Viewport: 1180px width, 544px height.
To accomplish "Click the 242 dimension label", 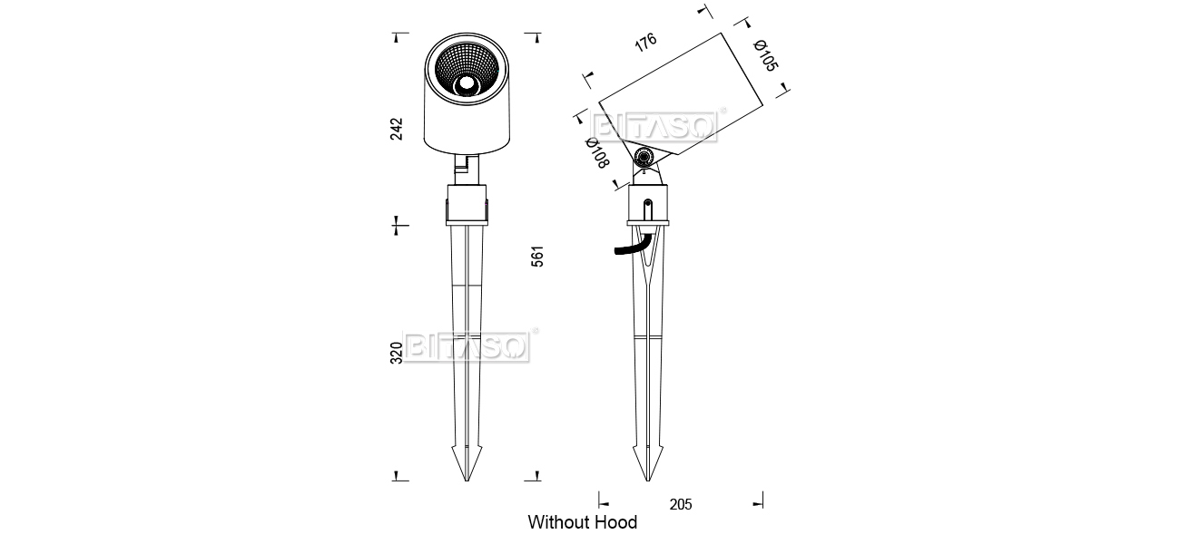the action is click(x=396, y=129).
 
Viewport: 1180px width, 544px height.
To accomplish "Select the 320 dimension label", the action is click(x=396, y=353).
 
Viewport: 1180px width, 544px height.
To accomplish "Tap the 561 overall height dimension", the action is click(x=536, y=257).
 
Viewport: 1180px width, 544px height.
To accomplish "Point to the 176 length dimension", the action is click(x=645, y=42).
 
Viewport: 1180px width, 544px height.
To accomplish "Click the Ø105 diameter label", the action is click(x=765, y=55).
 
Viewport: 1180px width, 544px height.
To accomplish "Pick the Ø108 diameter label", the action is click(x=597, y=152).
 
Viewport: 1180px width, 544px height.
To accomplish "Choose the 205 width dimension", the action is click(x=681, y=504).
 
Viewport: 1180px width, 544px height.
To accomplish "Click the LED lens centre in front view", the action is click(x=467, y=84).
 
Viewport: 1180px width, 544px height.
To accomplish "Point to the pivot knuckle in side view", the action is click(x=644, y=157).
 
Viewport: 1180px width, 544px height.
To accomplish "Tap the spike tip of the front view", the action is click(x=467, y=481).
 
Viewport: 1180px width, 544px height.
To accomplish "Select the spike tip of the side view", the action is click(x=648, y=481).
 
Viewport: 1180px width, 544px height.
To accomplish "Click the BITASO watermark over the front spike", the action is click(x=467, y=347).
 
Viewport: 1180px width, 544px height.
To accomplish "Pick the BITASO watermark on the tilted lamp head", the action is click(x=654, y=127).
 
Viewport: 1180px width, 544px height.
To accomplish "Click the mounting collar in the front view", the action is click(x=467, y=205).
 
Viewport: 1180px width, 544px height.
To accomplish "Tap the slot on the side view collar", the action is click(x=648, y=209).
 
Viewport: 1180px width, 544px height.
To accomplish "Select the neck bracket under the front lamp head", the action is click(x=467, y=169).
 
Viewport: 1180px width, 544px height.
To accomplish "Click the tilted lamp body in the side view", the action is click(x=681, y=94).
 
